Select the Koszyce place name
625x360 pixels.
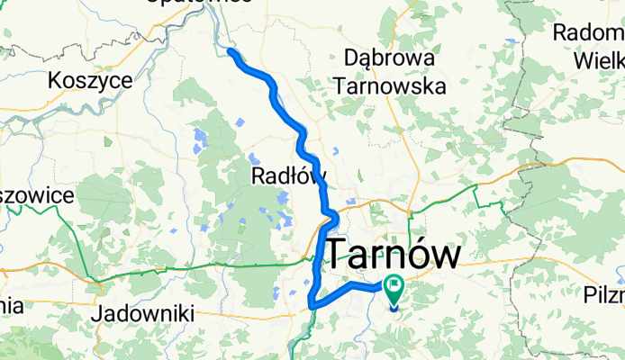pos(91,80)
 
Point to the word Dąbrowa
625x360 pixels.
pos(390,58)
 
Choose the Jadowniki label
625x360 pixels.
pos(136,314)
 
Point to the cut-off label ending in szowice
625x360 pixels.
pos(36,195)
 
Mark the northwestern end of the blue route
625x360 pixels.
pos(230,51)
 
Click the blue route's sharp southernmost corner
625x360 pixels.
pos(311,306)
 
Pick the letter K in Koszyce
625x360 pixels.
pos(56,80)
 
